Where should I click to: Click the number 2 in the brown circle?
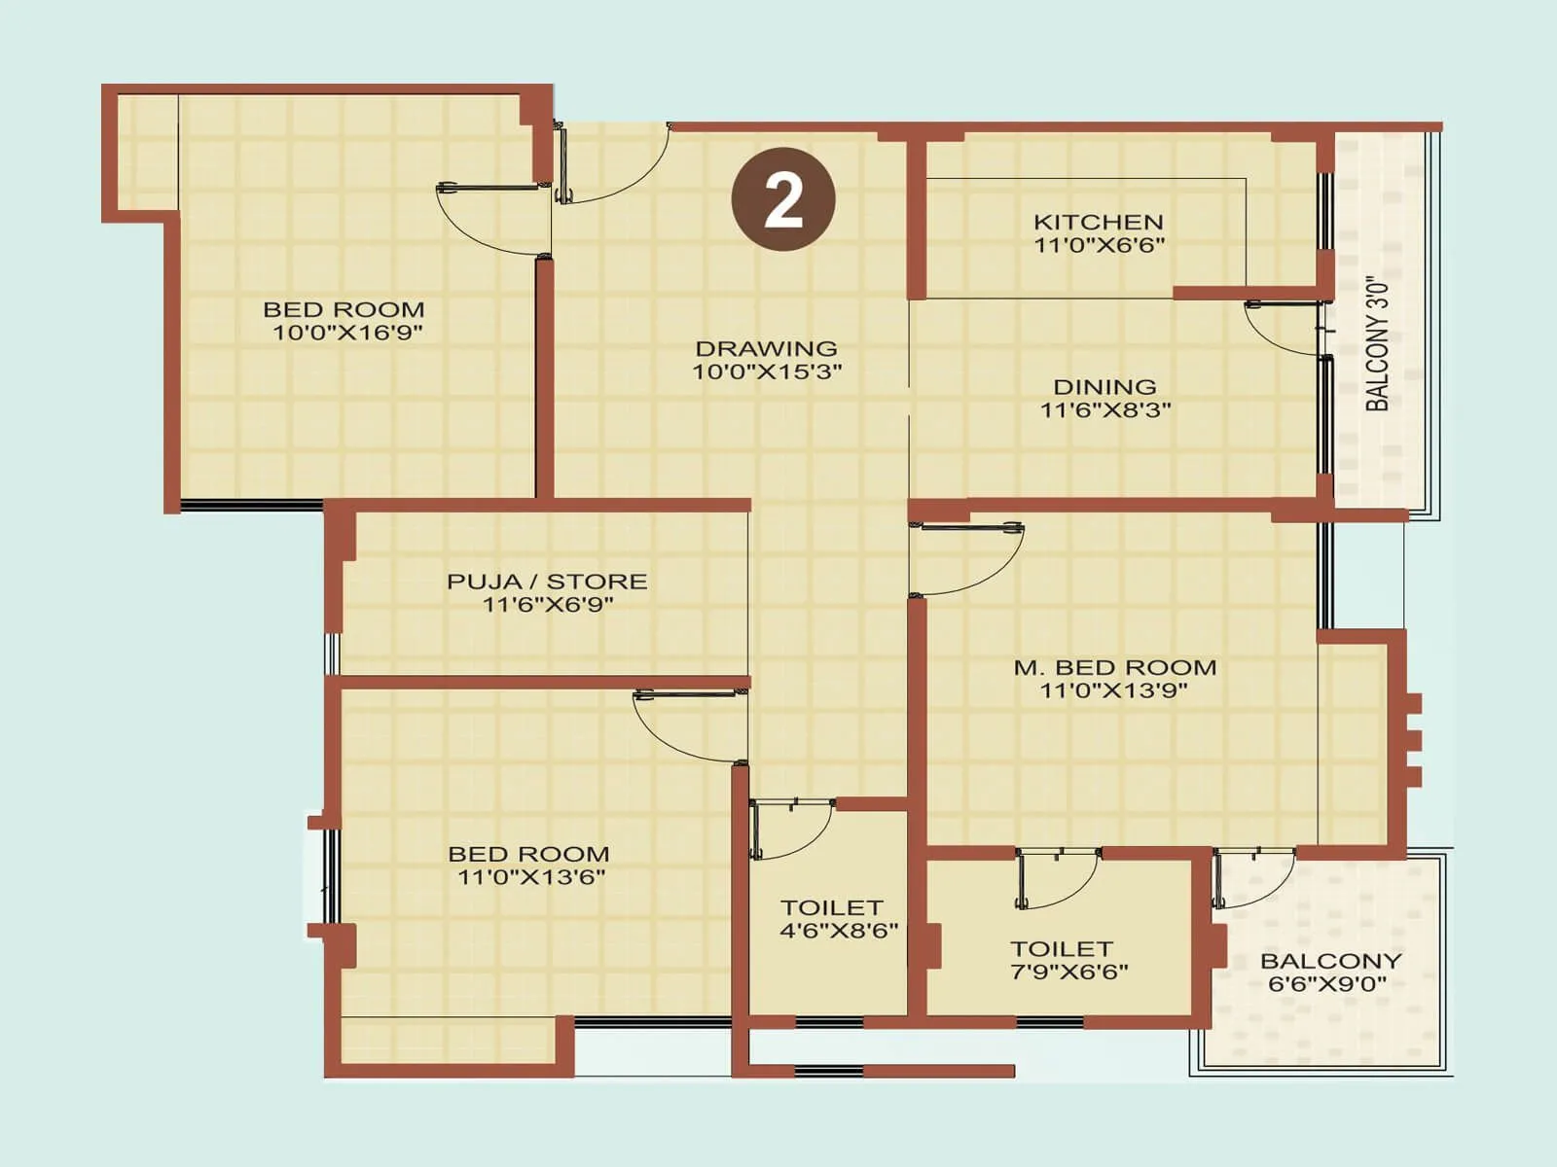783,199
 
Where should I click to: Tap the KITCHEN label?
1098,222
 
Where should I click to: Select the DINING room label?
1104,387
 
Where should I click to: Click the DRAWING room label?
766,348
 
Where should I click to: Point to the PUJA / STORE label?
547,582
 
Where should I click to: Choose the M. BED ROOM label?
1115,668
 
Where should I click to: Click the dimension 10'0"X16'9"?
346,334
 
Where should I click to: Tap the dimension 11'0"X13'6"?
531,877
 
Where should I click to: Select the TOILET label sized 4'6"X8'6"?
831,907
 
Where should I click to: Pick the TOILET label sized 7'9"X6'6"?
1061,948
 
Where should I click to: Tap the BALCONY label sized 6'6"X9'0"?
1330,961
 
